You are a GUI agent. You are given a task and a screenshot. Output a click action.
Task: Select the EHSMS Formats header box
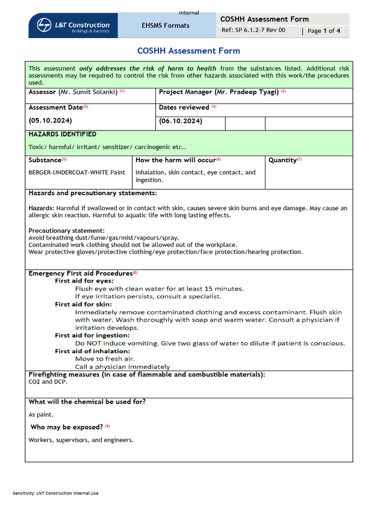165,26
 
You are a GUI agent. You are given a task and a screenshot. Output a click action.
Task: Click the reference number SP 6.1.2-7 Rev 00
253,30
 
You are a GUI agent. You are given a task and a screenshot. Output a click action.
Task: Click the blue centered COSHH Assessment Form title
189,51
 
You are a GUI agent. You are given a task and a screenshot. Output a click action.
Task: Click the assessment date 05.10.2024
50,121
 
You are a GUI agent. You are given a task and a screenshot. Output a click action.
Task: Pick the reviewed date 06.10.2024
181,121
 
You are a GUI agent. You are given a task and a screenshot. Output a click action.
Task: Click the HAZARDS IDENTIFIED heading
63,134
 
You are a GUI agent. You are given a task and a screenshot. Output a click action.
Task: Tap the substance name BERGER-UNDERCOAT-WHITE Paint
76,172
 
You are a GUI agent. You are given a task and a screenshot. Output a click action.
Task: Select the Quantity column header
283,160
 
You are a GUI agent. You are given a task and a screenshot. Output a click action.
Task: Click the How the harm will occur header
176,160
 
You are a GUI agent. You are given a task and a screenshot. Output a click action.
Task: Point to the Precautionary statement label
67,231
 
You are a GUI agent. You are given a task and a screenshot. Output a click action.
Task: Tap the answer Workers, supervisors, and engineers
81,440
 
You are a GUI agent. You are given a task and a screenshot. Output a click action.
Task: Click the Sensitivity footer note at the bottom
56,493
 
